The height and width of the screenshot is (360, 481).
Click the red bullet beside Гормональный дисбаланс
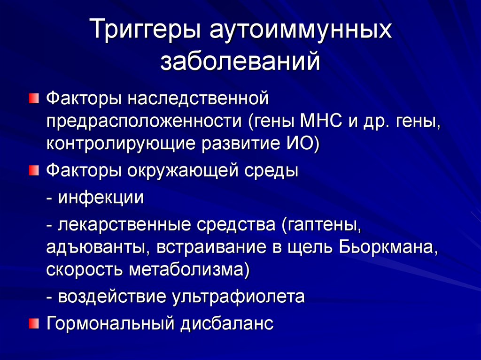point(34,323)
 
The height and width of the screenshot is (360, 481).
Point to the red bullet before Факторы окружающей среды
point(34,170)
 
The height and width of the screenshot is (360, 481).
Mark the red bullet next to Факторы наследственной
point(34,99)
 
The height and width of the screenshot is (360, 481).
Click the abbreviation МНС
point(321,121)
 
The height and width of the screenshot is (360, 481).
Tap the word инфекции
point(101,198)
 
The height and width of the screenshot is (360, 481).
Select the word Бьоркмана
point(388,248)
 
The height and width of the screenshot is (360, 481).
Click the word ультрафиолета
point(238,297)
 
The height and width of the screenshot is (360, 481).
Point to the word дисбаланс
point(227,323)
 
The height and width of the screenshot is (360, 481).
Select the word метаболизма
point(186,270)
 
